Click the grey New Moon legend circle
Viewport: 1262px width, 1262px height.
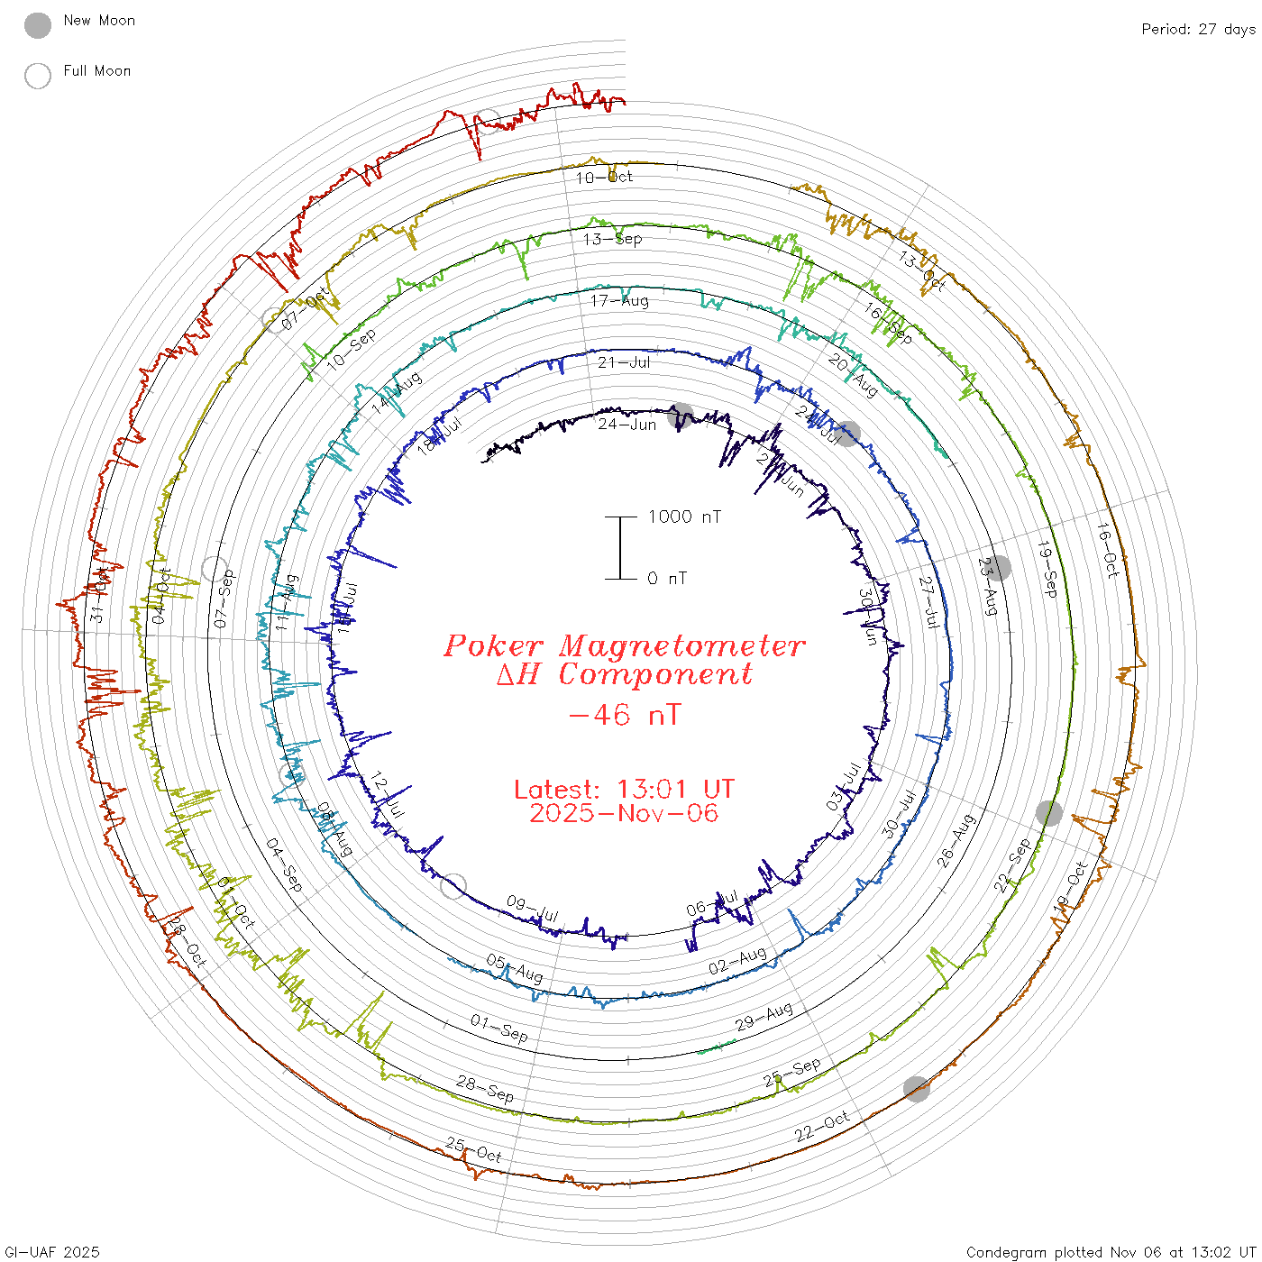pos(38,25)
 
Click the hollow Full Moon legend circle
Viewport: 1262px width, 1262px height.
pos(38,76)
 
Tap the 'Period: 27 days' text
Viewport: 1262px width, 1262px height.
pos(1198,29)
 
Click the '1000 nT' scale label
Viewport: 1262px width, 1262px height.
pos(684,517)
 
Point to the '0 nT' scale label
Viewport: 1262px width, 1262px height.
pos(667,579)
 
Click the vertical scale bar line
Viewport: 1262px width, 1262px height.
pos(620,548)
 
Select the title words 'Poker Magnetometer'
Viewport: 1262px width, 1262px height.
pos(624,645)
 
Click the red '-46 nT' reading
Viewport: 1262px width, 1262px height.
pos(624,715)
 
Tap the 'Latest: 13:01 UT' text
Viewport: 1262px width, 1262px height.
pos(624,790)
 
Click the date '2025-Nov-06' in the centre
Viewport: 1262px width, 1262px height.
pos(624,813)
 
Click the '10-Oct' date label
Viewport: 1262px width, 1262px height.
pos(604,178)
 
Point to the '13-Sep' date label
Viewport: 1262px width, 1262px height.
pos(612,239)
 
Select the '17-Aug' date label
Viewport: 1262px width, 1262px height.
pos(619,300)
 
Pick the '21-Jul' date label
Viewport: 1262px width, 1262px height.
pos(624,362)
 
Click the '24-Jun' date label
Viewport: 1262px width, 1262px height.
pos(626,424)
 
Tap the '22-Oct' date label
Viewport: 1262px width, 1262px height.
pos(822,1127)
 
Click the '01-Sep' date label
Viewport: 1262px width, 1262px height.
pos(498,1027)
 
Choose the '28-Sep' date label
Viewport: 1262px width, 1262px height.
pos(485,1089)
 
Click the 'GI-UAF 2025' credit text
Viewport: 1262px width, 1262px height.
pos(52,1252)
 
